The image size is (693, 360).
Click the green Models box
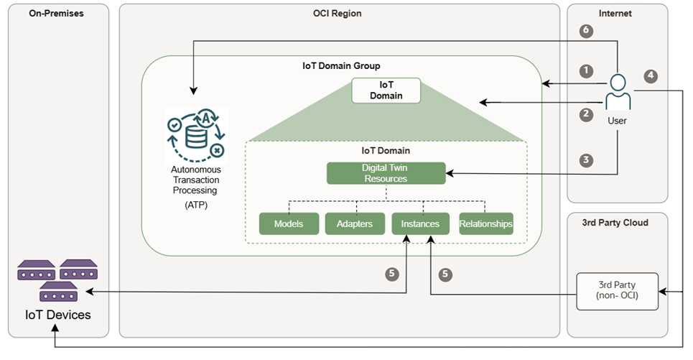(288, 224)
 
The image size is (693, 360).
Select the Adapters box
(354, 224)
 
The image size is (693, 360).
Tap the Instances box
(420, 224)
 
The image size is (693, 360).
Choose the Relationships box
(486, 224)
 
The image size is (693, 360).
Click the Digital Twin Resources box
(386, 173)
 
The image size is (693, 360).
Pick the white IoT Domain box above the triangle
(386, 90)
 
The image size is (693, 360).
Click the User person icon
(617, 91)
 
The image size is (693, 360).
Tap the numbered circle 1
(587, 70)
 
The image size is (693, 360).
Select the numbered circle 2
(587, 114)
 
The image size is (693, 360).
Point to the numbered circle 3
(587, 160)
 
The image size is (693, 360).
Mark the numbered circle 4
(651, 75)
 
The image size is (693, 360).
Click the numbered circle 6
(587, 31)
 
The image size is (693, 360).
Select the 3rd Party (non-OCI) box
(618, 291)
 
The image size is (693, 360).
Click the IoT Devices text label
(58, 315)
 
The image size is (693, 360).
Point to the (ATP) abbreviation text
(195, 206)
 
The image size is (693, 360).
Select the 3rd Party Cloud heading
(618, 222)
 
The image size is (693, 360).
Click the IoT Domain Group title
(341, 65)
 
